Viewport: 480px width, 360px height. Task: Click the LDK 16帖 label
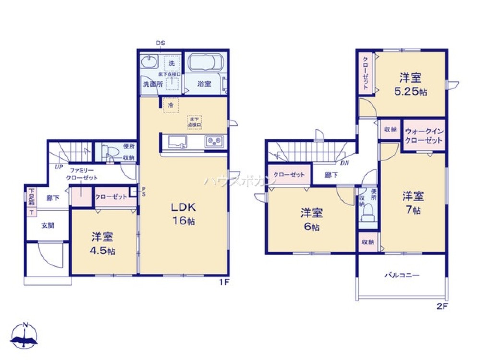point(184,214)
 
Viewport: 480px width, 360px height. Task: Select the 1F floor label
point(224,282)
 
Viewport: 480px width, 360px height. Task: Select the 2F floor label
point(442,305)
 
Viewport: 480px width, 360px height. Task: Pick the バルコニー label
point(402,276)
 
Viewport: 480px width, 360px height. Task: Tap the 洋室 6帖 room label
point(312,219)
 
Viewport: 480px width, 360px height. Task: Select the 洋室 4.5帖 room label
point(103,243)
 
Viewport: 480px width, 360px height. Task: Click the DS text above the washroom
point(160,43)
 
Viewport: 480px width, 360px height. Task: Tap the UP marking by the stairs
point(59,167)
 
